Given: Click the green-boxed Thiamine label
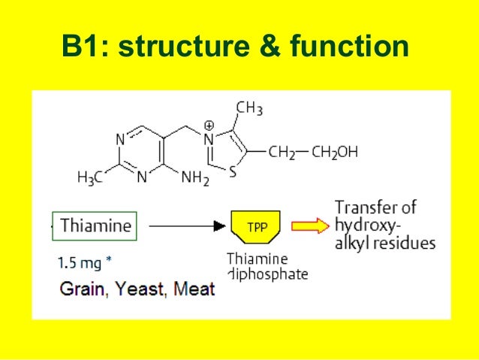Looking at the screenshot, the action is pyautogui.click(x=95, y=225).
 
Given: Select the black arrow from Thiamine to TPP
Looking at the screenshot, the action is pyautogui.click(x=183, y=225).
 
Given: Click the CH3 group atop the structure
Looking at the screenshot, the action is pyautogui.click(x=249, y=110).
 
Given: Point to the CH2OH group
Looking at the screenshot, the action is pyautogui.click(x=335, y=152).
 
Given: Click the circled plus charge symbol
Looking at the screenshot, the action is pyautogui.click(x=209, y=124).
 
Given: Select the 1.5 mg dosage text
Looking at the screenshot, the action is pyautogui.click(x=85, y=264).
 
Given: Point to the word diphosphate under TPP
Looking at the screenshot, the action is pyautogui.click(x=267, y=274).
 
